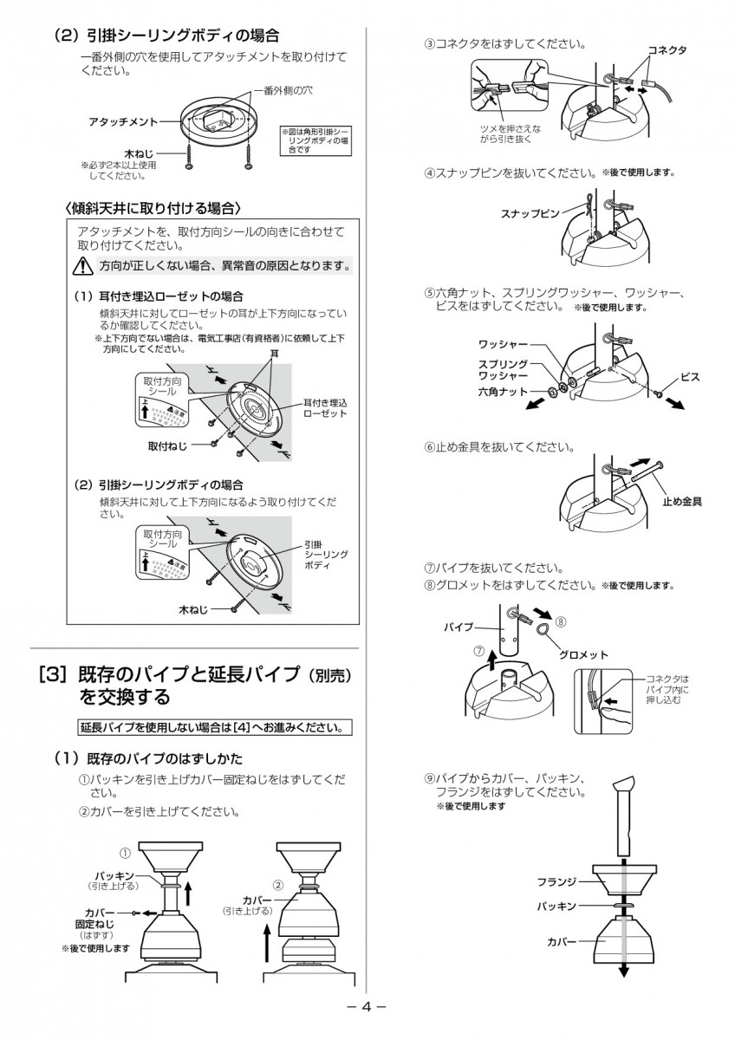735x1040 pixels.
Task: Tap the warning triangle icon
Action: point(82,264)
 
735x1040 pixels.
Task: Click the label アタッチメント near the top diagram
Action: point(123,121)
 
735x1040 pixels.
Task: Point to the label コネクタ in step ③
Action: point(667,50)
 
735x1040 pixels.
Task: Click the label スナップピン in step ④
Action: point(530,212)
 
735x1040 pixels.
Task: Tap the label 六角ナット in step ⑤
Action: point(504,393)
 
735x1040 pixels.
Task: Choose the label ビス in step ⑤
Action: point(690,377)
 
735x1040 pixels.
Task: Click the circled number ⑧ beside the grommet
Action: point(561,621)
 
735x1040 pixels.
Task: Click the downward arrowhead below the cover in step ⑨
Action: point(622,972)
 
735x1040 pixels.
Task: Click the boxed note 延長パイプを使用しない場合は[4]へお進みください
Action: point(216,726)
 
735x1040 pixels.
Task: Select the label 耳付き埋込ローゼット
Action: point(325,408)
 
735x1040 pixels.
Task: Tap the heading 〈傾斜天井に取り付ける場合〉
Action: point(153,209)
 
